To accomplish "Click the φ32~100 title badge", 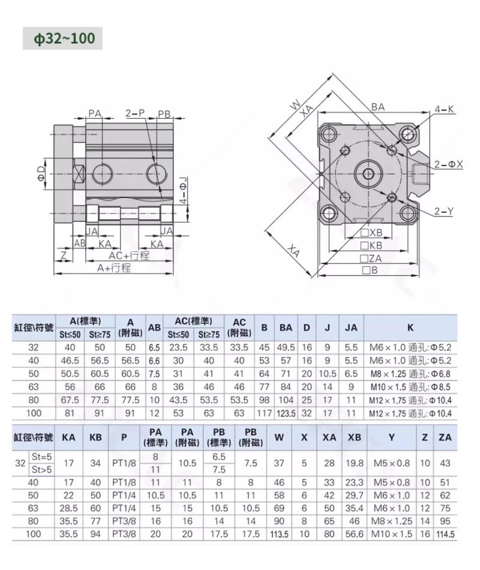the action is [x=62, y=38].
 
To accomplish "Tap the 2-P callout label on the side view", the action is [x=135, y=113].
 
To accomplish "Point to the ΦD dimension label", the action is [x=42, y=173].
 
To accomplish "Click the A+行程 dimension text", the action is [x=113, y=268].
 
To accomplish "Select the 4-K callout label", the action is [x=445, y=109].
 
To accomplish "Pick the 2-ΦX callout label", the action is [x=449, y=164].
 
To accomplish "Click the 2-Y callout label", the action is [x=443, y=211].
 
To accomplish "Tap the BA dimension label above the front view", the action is [x=378, y=107].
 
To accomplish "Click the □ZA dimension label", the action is [x=371, y=259].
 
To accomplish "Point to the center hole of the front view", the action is [x=368, y=174].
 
